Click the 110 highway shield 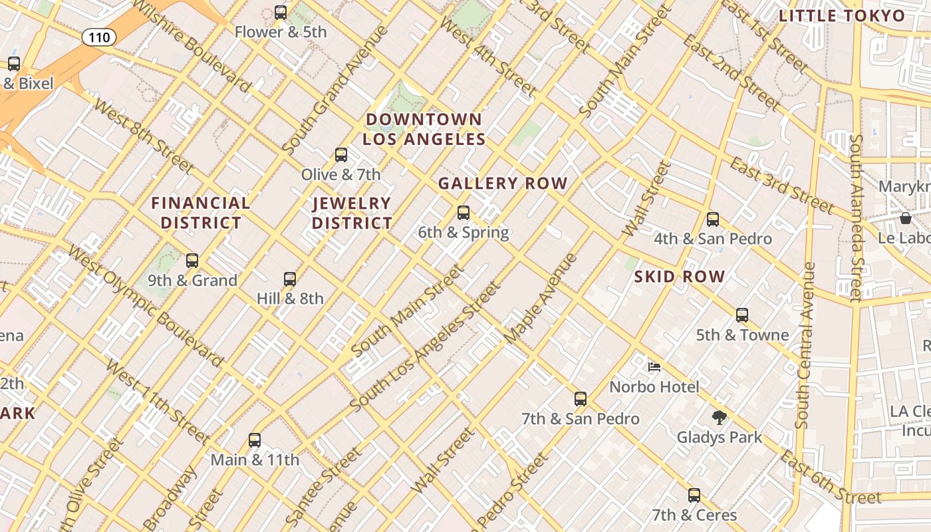[x=99, y=37]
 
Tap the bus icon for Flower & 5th [x=281, y=12]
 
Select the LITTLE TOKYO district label [x=842, y=16]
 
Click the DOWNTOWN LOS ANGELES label [x=424, y=129]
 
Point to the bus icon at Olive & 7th [x=341, y=155]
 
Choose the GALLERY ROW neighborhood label [x=503, y=183]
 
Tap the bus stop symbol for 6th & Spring [x=464, y=213]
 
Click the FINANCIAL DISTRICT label [x=201, y=213]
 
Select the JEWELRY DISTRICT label [x=352, y=213]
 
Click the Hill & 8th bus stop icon [x=290, y=279]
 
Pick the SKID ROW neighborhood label [x=679, y=277]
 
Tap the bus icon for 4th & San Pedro [x=713, y=219]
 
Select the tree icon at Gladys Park [x=719, y=418]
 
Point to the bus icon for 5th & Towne [x=742, y=315]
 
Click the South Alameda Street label [x=857, y=216]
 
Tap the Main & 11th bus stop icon [x=255, y=440]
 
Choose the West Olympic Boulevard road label [x=145, y=307]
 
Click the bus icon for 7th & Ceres [x=694, y=495]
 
